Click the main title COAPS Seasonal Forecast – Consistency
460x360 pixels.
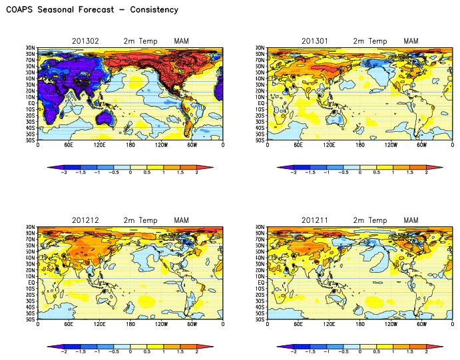click(x=93, y=10)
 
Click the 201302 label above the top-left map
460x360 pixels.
click(x=85, y=41)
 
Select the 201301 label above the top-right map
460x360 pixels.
click(x=315, y=41)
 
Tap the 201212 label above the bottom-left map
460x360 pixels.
click(x=85, y=220)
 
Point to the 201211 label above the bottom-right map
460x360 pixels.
click(x=315, y=220)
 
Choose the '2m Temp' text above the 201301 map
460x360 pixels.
click(x=369, y=41)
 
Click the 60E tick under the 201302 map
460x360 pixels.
click(x=69, y=144)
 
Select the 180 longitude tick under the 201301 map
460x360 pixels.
click(x=360, y=144)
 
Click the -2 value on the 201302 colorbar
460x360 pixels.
click(x=63, y=172)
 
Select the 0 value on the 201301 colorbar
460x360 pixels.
click(x=360, y=172)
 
